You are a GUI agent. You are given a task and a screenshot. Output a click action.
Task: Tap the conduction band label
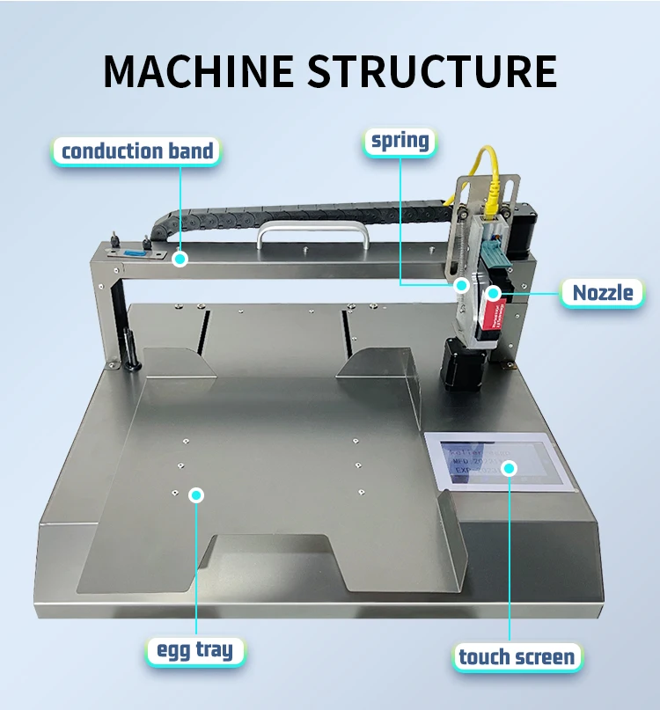pos(137,150)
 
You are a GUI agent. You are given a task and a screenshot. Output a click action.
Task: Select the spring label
pos(400,140)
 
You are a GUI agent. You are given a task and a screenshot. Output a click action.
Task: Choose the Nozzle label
pos(603,292)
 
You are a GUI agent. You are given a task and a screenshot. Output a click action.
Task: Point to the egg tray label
pos(195,651)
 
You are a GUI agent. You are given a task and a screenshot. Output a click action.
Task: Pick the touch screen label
pos(517,655)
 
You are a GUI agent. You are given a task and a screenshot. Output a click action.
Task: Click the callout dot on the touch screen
pos(509,467)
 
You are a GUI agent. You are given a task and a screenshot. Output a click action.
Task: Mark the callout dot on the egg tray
pos(196,494)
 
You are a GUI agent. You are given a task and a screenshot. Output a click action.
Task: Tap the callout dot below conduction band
pos(180,259)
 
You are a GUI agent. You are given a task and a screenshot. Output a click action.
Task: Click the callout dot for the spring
pos(461,284)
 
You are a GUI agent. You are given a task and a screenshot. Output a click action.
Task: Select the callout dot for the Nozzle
pos(495,292)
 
